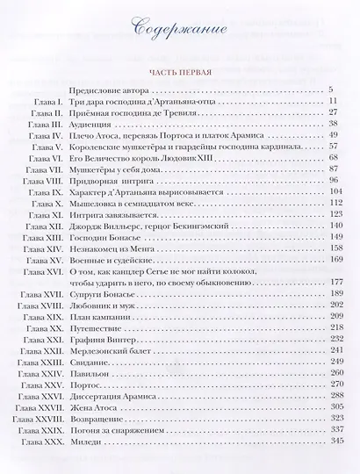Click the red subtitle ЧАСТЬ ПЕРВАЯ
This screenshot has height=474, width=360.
(179, 71)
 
